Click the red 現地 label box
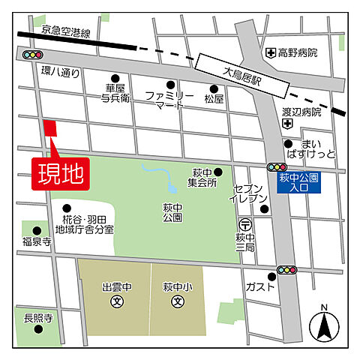pos(60,172)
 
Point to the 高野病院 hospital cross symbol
pos(271,52)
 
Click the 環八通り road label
pos(59,73)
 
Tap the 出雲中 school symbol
pos(116,302)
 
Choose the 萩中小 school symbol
pos(178,302)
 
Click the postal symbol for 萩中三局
pos(244,224)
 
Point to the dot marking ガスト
pos(271,276)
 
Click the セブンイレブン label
pos(247,194)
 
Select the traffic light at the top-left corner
pos(33,55)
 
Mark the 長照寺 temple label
pos(37,319)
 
